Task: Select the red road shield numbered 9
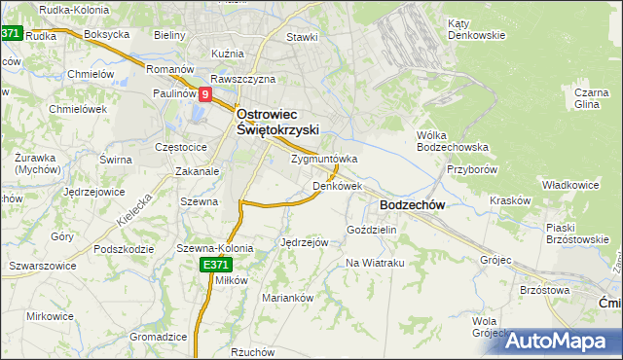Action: [x=205, y=95]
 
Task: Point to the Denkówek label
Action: [x=338, y=185]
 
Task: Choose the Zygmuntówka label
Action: [x=324, y=159]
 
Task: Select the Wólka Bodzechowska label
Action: [x=452, y=141]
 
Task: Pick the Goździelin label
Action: [x=372, y=230]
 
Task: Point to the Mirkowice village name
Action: [x=51, y=316]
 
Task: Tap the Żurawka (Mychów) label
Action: [x=37, y=161]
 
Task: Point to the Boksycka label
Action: [x=107, y=34]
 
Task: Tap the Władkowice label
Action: [x=567, y=183]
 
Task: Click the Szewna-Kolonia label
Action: [x=214, y=248]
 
